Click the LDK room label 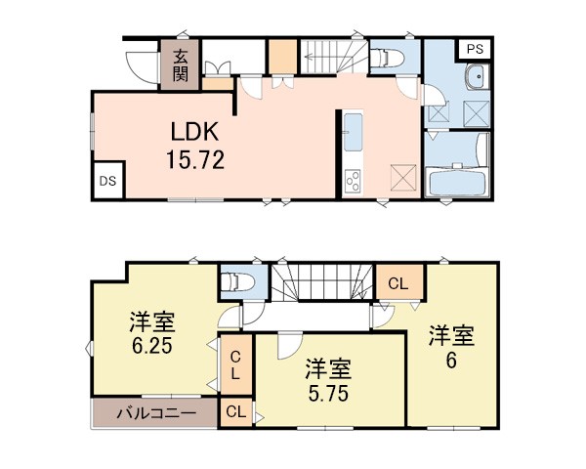click(x=194, y=132)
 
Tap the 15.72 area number click(x=195, y=159)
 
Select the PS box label click(x=475, y=49)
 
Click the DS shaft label click(x=107, y=181)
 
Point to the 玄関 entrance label click(x=180, y=66)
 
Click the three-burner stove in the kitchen click(x=353, y=181)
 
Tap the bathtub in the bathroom click(x=457, y=182)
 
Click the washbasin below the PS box click(x=478, y=77)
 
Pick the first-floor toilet click(x=388, y=58)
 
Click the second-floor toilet click(x=238, y=282)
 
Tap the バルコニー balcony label click(x=156, y=413)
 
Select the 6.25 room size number click(x=151, y=346)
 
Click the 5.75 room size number click(x=328, y=393)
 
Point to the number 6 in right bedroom click(x=451, y=361)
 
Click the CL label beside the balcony click(x=235, y=412)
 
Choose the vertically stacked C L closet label click(x=235, y=365)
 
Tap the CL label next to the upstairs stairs click(x=398, y=283)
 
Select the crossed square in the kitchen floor click(x=403, y=178)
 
